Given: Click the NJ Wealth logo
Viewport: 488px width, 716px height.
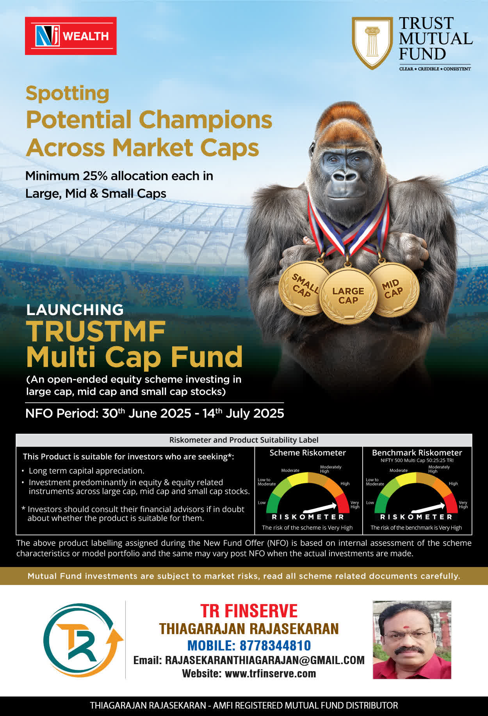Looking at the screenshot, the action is pos(71,36).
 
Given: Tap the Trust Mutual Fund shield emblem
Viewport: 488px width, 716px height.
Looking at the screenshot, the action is pos(372,43).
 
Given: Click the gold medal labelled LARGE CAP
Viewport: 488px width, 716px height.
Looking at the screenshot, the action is pos(348,296).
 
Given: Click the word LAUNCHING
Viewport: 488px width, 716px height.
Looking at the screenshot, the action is pos(75,310).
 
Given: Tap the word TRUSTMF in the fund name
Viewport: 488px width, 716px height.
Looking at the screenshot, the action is pos(96,331).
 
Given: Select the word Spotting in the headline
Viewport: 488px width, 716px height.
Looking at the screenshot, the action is pos(68,94).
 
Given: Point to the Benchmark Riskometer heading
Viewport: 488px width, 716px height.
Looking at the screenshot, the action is pos(417,453).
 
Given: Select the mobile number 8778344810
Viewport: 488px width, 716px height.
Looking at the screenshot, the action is pos(275,645).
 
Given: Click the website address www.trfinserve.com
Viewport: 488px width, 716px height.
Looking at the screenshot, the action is pos(271,673).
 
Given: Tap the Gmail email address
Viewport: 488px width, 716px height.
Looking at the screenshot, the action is pos(265,660).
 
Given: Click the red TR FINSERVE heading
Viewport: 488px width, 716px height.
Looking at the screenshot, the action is pos(249,611).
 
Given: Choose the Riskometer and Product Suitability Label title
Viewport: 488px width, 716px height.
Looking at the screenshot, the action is pos(244,440).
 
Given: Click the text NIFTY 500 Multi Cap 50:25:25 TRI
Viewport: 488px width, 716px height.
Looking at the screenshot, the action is pos(417,461).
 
